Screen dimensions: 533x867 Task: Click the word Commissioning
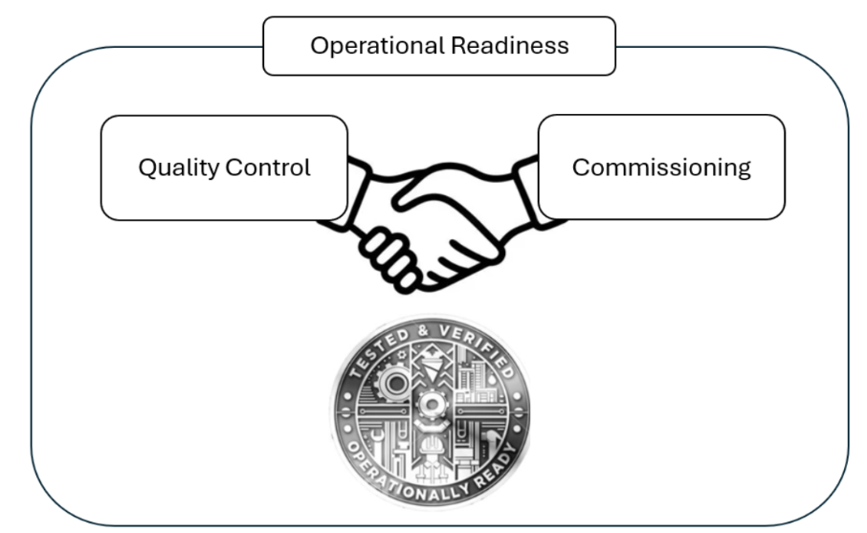[x=661, y=167]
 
